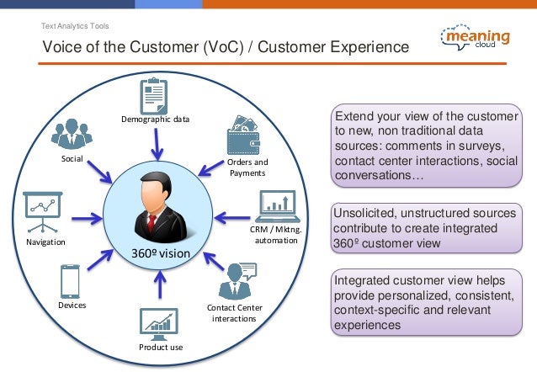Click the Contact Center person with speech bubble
(x=235, y=280)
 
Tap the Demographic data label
(x=155, y=120)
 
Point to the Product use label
(x=160, y=347)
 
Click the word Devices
(x=72, y=306)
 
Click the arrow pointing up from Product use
(x=157, y=287)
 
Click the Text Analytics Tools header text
(x=75, y=25)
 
